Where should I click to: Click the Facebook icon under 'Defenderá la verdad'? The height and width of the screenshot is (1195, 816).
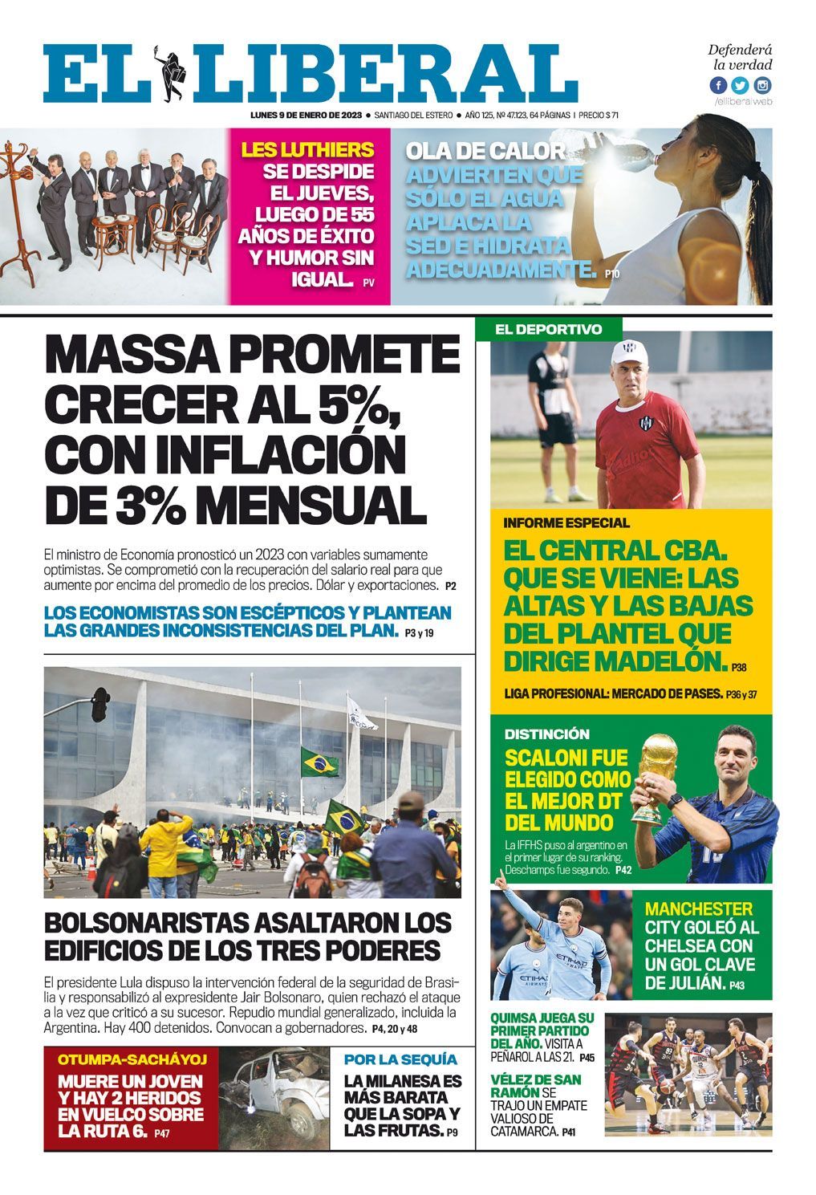tap(718, 86)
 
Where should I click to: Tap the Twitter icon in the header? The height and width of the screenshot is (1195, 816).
tap(740, 86)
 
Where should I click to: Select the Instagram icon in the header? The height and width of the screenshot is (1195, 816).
tap(761, 86)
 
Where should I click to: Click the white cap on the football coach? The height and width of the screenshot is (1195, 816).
tap(635, 353)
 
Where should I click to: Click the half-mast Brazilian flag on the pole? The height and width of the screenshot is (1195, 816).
tap(319, 762)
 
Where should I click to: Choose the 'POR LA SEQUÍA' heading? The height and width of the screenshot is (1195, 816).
tap(400, 1059)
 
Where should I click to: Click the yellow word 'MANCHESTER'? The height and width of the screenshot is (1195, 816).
tap(699, 909)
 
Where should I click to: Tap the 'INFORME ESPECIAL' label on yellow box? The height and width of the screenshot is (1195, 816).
tap(566, 523)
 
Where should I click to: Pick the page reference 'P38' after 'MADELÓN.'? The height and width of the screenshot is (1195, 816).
tap(739, 667)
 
